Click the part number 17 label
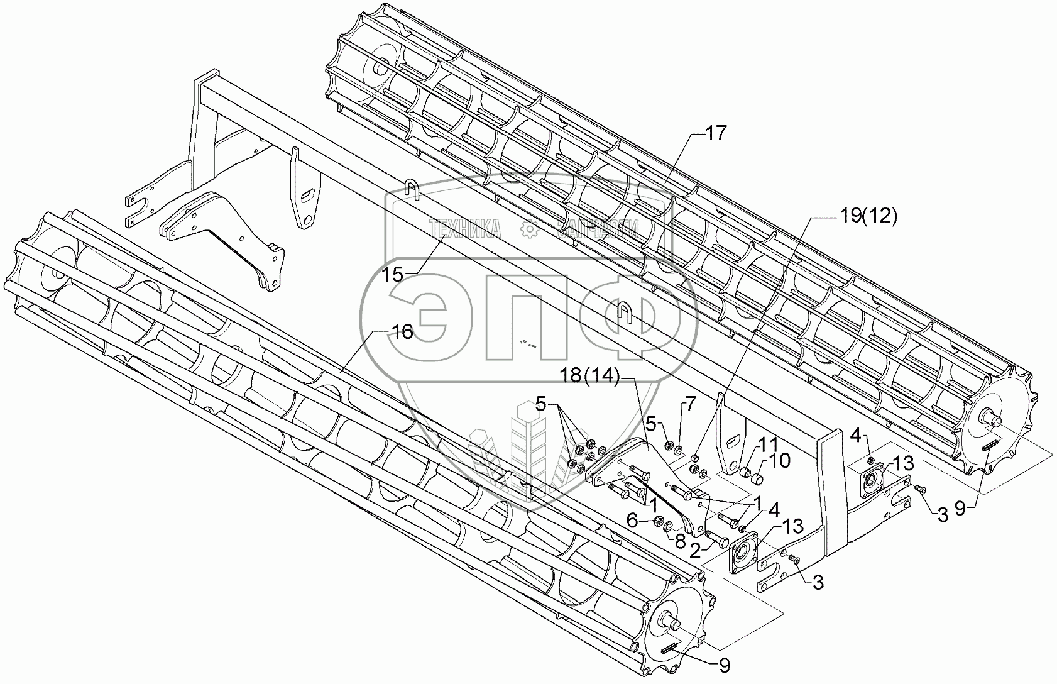(715, 133)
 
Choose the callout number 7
(689, 404)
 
